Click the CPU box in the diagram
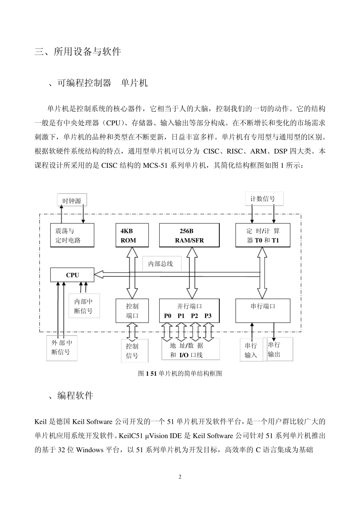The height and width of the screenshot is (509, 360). [x=72, y=275]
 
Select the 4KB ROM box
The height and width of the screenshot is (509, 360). [x=132, y=235]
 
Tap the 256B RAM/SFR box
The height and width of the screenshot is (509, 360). [x=189, y=235]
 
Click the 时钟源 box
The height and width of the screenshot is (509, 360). [x=72, y=201]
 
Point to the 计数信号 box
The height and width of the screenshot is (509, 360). [x=264, y=198]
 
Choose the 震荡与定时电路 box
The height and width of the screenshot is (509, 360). [x=72, y=235]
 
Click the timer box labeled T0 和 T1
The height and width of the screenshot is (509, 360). [x=263, y=235]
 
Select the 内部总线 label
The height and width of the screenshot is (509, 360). [x=161, y=264]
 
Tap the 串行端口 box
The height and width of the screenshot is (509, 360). [x=263, y=311]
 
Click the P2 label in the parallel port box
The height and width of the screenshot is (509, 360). [x=194, y=316]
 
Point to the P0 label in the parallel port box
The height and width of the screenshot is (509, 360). [x=167, y=316]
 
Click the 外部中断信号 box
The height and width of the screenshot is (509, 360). [x=61, y=347]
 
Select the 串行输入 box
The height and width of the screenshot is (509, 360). [x=251, y=350]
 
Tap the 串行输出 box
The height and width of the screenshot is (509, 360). [x=274, y=349]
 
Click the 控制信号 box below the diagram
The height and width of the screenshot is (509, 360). [x=133, y=351]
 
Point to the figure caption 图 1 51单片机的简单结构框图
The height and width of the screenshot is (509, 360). [x=180, y=373]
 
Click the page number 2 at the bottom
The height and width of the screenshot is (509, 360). [x=180, y=477]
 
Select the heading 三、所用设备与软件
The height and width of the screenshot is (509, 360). [x=78, y=52]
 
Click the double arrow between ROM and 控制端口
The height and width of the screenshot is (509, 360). [x=132, y=273]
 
